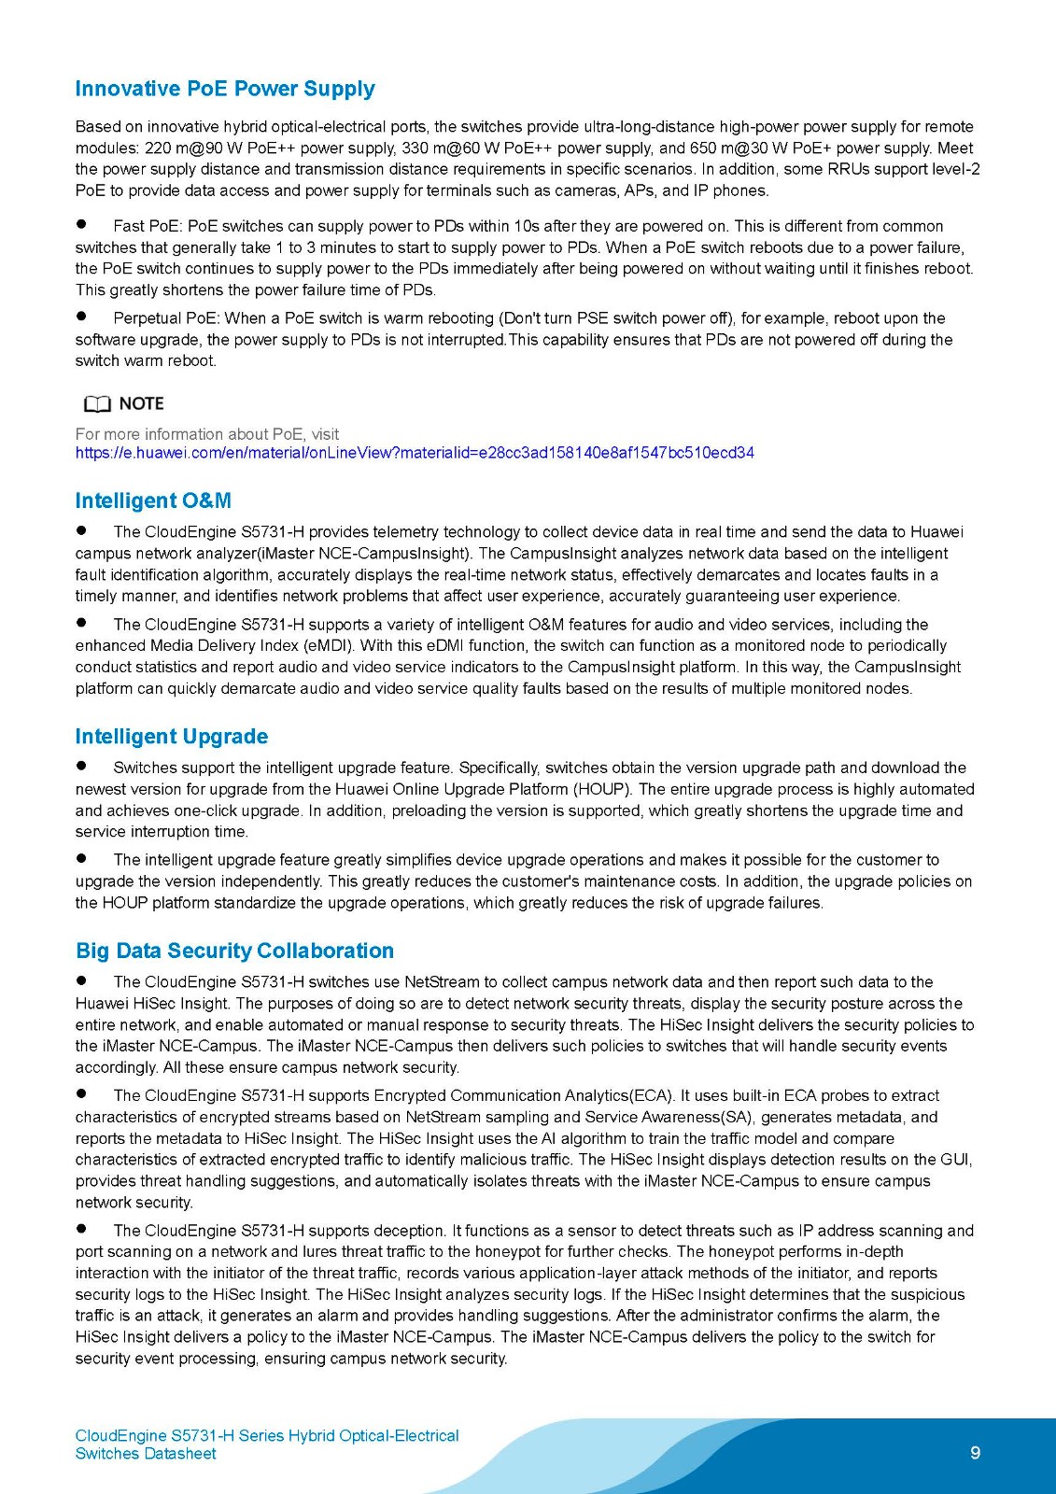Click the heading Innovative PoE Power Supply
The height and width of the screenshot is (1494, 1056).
tap(225, 89)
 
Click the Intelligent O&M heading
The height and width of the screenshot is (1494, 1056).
tap(153, 500)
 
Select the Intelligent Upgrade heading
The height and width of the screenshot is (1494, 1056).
tap(172, 737)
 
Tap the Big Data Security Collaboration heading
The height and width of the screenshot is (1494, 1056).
tap(234, 951)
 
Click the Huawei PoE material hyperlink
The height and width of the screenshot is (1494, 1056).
tap(415, 453)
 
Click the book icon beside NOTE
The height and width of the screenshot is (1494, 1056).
tap(96, 404)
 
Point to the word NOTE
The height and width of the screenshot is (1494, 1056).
tap(141, 403)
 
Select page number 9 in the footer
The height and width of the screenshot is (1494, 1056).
tap(975, 1452)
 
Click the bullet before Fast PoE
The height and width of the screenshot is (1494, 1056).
tap(81, 225)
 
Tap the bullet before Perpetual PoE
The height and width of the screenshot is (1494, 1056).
tap(81, 317)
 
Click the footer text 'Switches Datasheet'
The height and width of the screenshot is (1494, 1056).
tap(146, 1454)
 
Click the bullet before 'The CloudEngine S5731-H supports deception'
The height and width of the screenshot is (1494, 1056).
tap(81, 1230)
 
